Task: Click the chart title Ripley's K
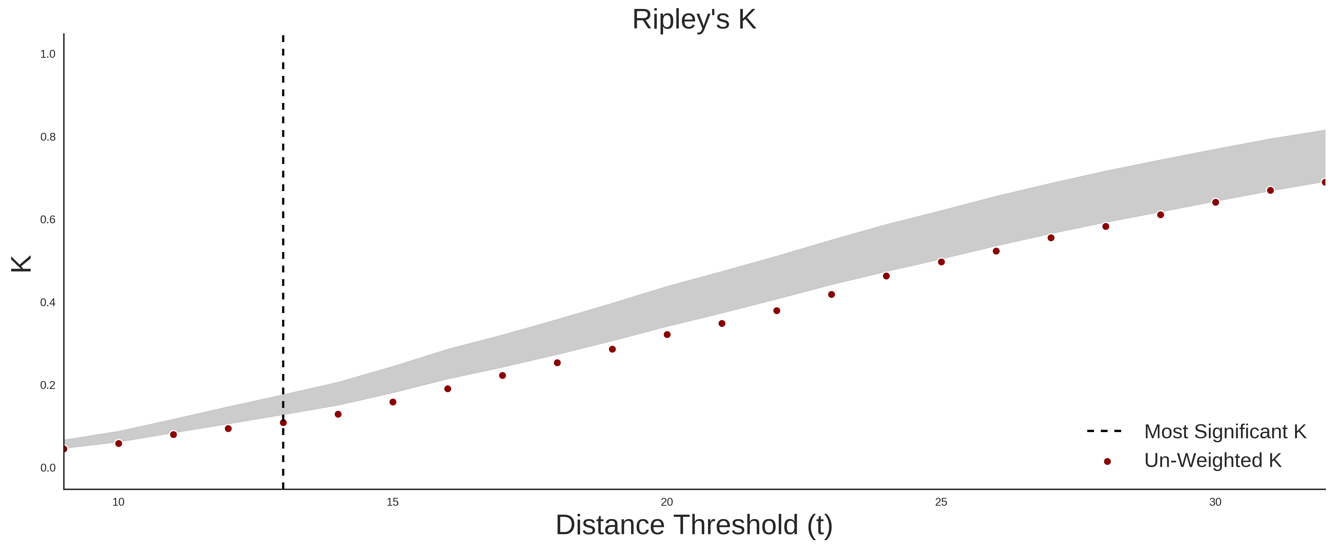click(x=694, y=20)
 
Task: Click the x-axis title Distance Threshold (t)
click(x=694, y=525)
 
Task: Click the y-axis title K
click(x=21, y=264)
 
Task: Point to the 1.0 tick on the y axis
click(x=48, y=54)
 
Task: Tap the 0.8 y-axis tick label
click(x=48, y=137)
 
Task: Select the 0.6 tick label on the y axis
click(x=48, y=220)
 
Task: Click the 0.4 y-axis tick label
click(x=48, y=302)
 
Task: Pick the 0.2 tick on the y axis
click(x=48, y=385)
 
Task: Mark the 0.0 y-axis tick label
click(x=48, y=468)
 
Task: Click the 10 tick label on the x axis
click(x=119, y=502)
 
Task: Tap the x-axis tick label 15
click(x=393, y=502)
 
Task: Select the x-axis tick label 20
click(x=667, y=502)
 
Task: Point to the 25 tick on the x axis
click(x=941, y=502)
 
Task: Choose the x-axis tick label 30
click(x=1216, y=502)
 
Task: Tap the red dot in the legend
click(x=1107, y=462)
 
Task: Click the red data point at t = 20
click(x=667, y=334)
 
